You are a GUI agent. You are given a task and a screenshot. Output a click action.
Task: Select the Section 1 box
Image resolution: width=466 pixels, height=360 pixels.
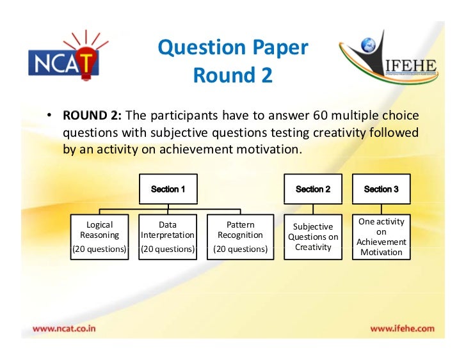point(168,189)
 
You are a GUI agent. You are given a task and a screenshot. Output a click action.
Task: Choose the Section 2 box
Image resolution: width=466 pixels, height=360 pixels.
point(313,189)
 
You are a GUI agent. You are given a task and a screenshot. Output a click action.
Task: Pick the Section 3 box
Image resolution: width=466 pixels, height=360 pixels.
point(381,189)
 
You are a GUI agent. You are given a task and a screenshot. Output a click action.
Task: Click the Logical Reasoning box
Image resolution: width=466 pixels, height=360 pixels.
point(99,237)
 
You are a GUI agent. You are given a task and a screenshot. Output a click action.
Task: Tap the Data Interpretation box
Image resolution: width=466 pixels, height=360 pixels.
point(168,237)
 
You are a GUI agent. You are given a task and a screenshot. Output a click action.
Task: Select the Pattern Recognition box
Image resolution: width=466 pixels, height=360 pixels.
point(240,237)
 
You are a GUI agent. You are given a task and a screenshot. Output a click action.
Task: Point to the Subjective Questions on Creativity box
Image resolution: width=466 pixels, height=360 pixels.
point(313,237)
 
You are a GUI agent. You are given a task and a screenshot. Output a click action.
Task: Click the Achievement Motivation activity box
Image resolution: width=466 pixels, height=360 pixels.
point(381,237)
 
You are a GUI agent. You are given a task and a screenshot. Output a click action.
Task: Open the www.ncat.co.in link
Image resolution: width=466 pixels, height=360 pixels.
point(65,329)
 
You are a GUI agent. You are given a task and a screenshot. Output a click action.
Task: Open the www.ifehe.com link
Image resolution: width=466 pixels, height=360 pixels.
point(402,329)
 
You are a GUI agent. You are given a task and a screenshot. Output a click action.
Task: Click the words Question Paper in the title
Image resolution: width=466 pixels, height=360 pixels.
point(233,48)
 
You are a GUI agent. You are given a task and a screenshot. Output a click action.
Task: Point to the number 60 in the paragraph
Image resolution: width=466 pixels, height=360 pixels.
point(321,116)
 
